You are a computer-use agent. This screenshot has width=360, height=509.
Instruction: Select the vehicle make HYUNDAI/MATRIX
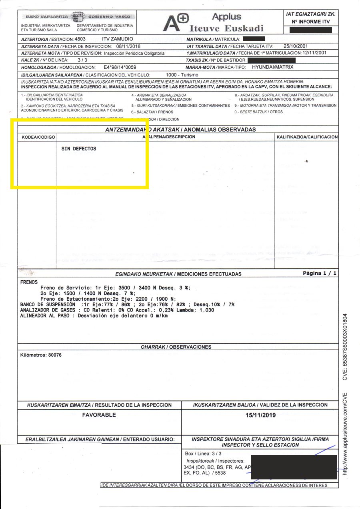[272, 67]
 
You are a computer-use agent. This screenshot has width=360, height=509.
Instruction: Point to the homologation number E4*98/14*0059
[120, 67]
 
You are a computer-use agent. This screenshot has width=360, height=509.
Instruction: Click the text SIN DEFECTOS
[79, 149]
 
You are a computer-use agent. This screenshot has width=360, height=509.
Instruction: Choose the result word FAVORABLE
[99, 415]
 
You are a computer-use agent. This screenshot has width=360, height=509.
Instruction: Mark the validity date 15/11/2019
[260, 415]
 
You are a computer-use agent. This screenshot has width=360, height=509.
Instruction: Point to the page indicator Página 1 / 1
[320, 273]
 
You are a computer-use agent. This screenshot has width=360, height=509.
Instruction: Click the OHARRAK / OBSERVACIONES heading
[176, 347]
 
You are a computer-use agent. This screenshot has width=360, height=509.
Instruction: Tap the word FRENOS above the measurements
[29, 282]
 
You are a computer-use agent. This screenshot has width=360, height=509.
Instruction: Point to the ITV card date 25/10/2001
[295, 46]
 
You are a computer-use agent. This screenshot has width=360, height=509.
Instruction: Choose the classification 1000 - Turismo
[179, 75]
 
